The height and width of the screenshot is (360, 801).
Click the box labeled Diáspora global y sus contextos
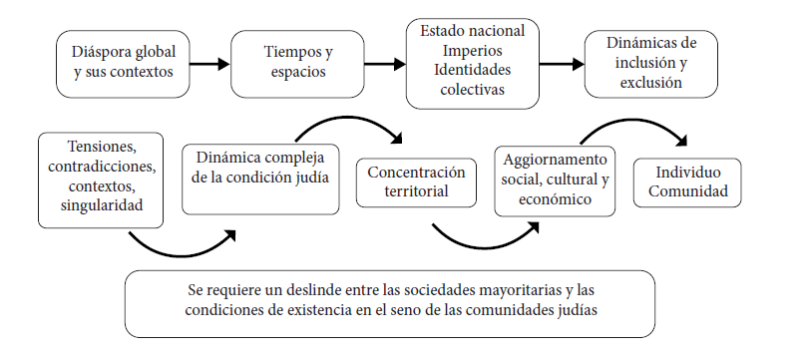(123, 64)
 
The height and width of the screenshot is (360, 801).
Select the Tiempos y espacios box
(297, 64)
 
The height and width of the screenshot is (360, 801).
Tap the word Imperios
(473, 51)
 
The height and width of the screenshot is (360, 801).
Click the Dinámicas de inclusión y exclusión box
(650, 64)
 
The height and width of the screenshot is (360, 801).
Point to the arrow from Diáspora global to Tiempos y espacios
(209, 64)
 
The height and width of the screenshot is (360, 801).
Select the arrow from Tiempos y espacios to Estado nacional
(385, 64)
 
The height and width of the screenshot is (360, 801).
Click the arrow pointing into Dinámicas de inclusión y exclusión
(562, 64)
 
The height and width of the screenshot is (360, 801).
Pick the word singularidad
(101, 205)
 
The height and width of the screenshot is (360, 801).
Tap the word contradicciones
(102, 167)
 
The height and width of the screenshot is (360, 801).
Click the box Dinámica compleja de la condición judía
(260, 179)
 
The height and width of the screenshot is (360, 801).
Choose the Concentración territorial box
(416, 182)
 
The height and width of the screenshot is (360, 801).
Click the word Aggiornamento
(556, 160)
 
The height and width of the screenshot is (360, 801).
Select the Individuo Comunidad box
(687, 182)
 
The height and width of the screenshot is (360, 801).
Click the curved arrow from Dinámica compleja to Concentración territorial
(347, 119)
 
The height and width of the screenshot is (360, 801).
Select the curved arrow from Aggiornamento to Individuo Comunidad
(633, 122)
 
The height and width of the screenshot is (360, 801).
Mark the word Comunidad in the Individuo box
(687, 191)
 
